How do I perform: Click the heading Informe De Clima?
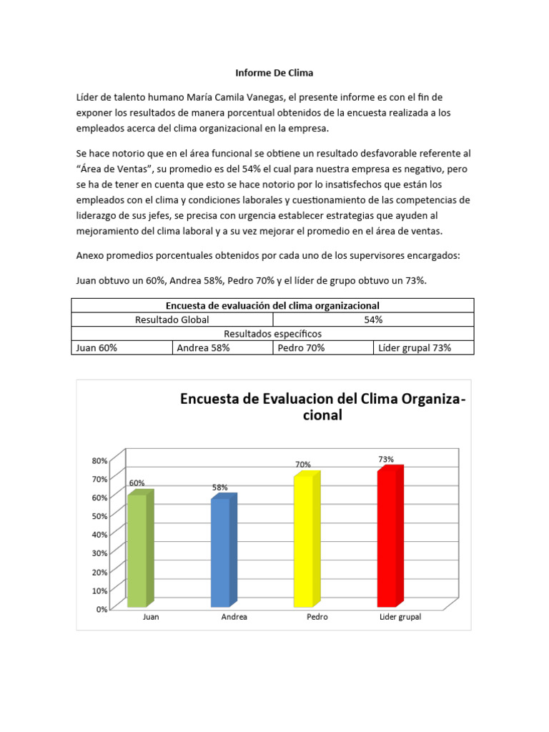tap(274, 73)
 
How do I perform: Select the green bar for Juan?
tap(137, 550)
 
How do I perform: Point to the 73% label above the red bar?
tap(386, 460)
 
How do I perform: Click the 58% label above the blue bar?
tap(219, 487)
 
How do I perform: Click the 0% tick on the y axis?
tap(102, 609)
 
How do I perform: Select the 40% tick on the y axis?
tap(99, 535)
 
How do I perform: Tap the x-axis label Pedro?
tap(317, 617)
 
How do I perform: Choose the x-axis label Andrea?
tap(234, 617)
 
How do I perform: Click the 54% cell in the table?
tap(372, 320)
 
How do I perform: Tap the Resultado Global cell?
tap(172, 320)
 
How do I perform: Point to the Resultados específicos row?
tap(272, 334)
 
